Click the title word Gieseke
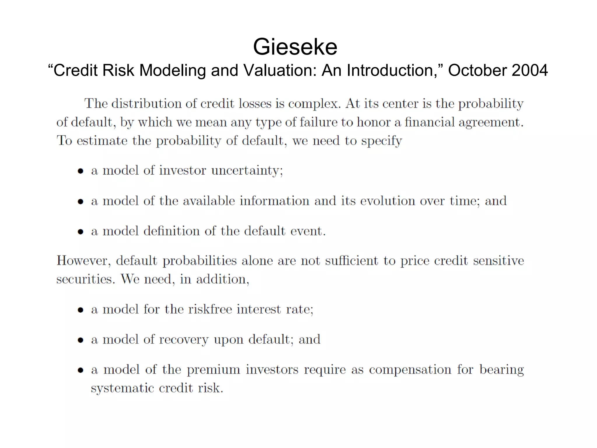pos(295,47)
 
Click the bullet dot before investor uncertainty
pos(81,171)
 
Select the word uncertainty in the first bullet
pos(247,171)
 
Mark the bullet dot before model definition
pos(81,232)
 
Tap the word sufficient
pos(351,261)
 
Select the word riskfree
pos(210,309)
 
